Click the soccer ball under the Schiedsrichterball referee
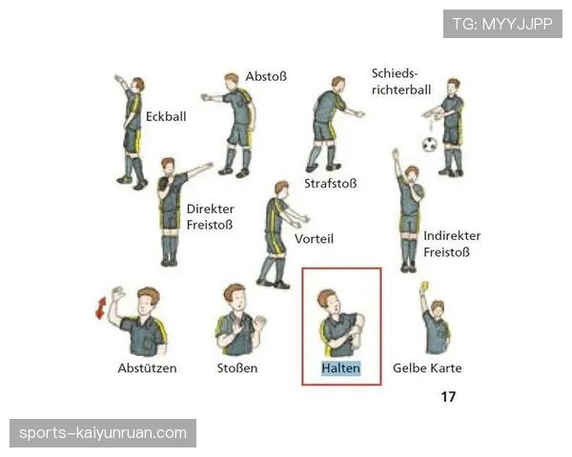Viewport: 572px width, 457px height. click(x=430, y=145)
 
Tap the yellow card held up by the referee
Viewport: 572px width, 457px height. click(x=424, y=286)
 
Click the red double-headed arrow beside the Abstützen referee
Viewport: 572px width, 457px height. click(x=101, y=308)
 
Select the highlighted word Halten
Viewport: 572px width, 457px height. click(x=340, y=368)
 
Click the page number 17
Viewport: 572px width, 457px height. click(x=448, y=396)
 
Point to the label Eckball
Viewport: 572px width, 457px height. click(x=166, y=116)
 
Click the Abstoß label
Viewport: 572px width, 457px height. click(x=266, y=76)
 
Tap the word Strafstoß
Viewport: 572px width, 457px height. click(x=331, y=184)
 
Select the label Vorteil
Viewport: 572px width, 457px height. click(x=314, y=239)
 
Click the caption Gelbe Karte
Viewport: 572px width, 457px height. click(x=427, y=368)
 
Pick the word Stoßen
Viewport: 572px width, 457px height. click(x=237, y=368)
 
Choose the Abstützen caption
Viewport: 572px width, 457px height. click(x=147, y=368)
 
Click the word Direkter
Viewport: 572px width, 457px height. click(x=211, y=209)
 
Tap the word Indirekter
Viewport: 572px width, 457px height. click(x=452, y=236)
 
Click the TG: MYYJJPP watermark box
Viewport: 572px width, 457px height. click(x=502, y=24)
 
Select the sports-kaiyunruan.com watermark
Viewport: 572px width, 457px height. click(x=103, y=433)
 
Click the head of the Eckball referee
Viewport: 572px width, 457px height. click(x=138, y=84)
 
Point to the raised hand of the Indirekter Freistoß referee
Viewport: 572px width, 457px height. click(x=395, y=153)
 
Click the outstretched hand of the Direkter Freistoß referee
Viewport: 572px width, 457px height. click(x=209, y=166)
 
